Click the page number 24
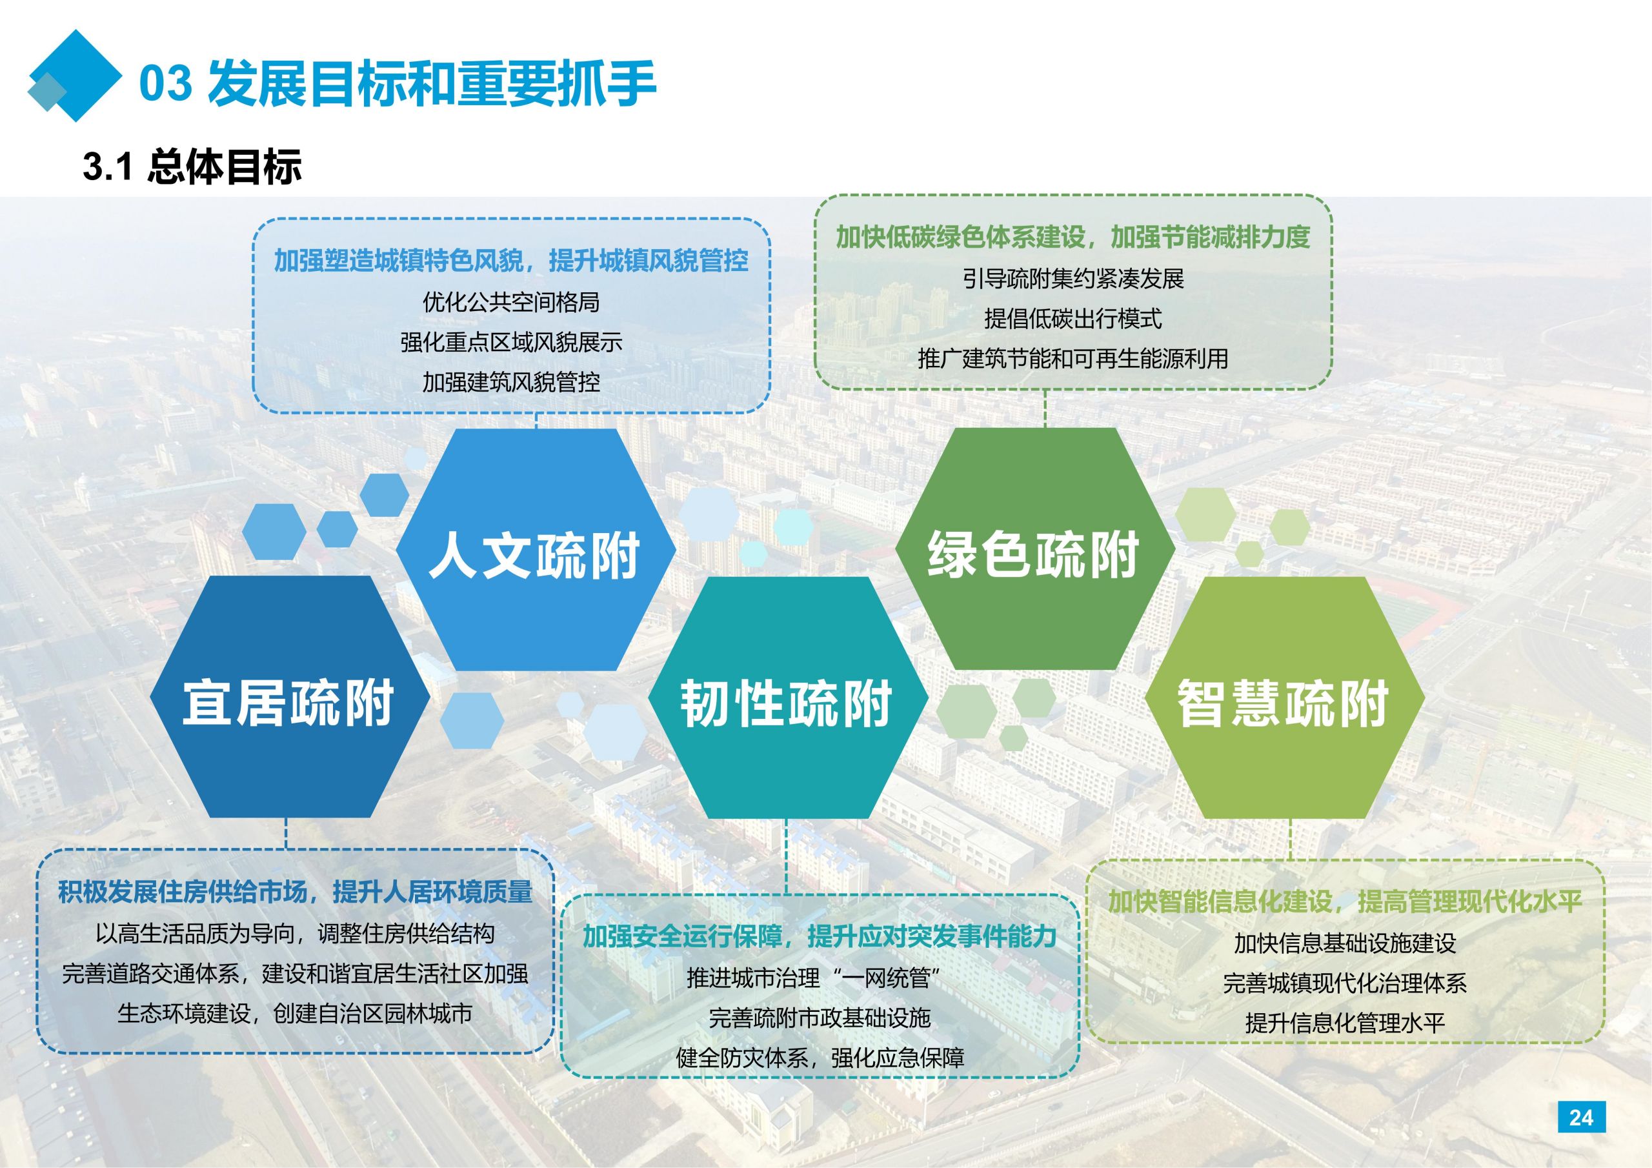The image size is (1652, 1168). point(1581,1117)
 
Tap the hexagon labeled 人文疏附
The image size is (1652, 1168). point(536,550)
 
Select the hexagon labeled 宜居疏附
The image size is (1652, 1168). point(289,697)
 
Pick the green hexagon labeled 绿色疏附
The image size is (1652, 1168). point(1034,549)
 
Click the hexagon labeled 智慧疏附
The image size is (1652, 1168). point(1284,698)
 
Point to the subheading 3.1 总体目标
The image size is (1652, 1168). point(192,167)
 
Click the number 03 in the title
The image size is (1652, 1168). point(165,84)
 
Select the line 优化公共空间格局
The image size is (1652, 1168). point(511,302)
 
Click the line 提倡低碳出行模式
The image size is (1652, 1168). point(1073,318)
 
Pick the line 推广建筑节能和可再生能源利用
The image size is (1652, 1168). point(1073,358)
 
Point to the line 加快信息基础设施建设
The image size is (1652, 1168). point(1345,943)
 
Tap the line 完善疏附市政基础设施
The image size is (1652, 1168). point(820,1018)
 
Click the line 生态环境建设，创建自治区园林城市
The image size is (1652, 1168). point(295,1013)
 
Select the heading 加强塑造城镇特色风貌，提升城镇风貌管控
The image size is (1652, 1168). point(511,261)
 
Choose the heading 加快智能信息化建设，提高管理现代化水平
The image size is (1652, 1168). point(1345,901)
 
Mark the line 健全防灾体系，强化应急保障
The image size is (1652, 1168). point(820,1058)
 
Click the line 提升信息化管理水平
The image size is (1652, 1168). point(1345,1023)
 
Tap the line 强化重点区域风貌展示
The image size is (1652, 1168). point(511,342)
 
